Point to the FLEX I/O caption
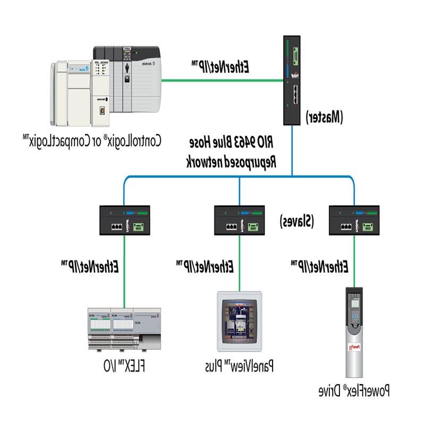[124, 367]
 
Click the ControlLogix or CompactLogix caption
[92, 141]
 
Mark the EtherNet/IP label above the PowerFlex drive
[320, 265]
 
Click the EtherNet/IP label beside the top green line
[220, 67]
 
